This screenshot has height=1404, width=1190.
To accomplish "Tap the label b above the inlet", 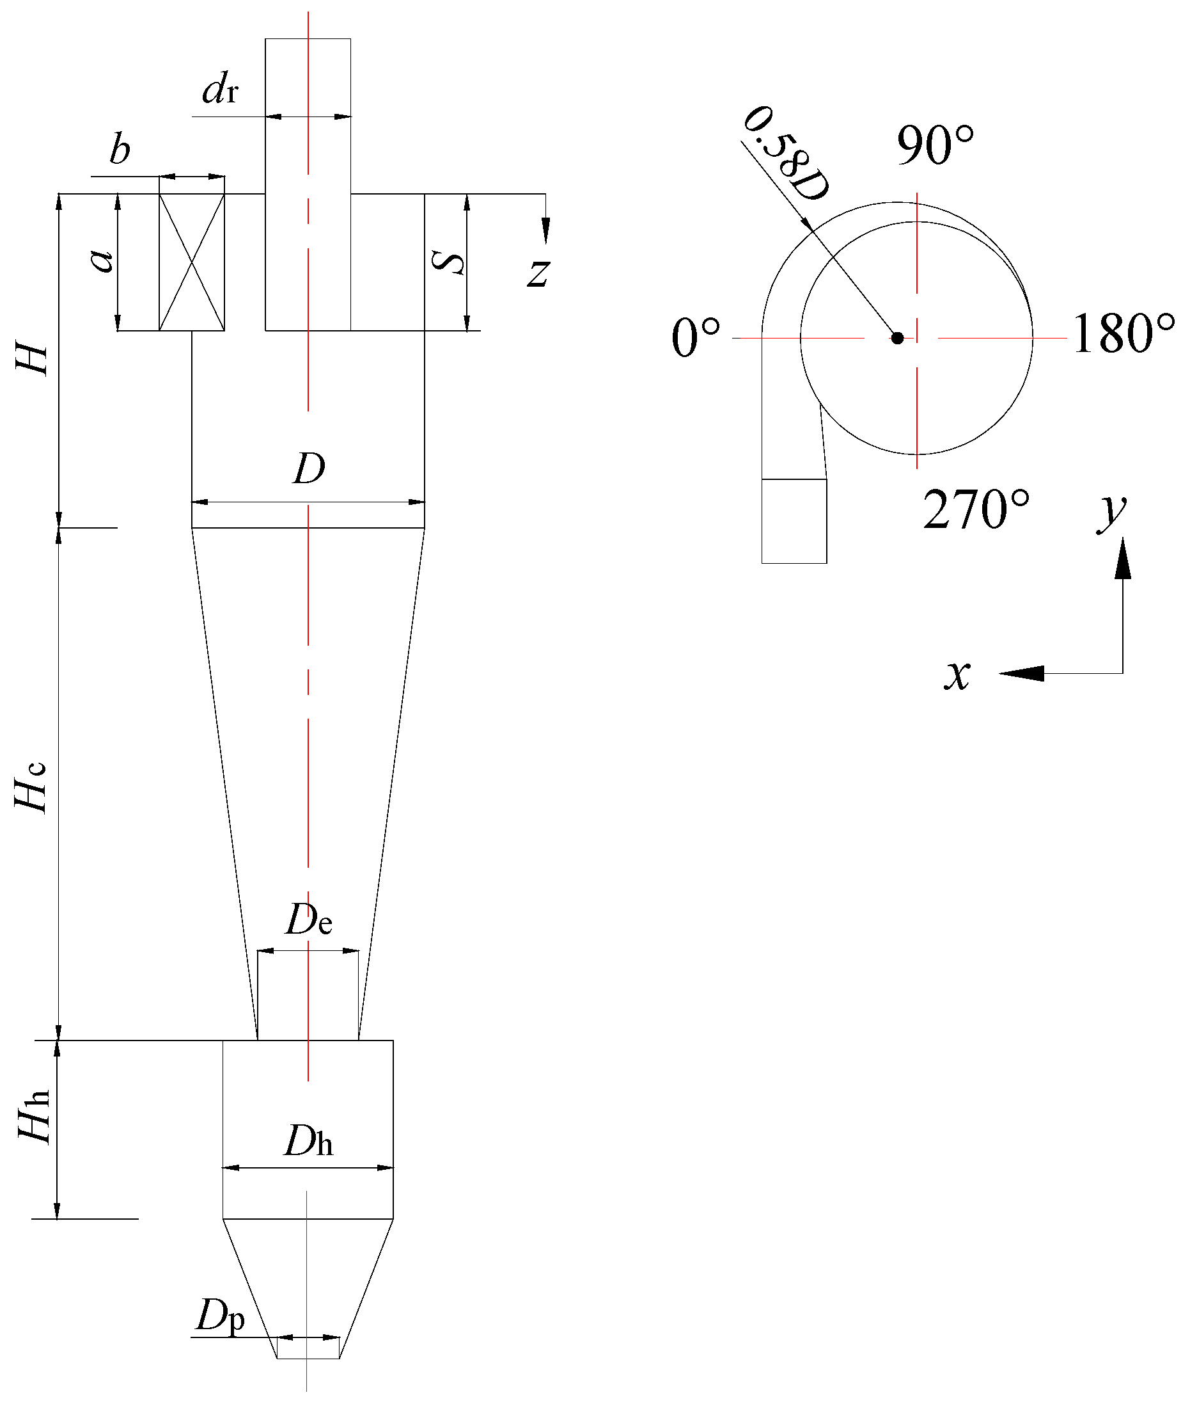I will click(x=120, y=150).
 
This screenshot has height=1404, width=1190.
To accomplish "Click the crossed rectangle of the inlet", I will click(x=192, y=262).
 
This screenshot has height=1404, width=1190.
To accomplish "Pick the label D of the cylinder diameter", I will click(x=309, y=469).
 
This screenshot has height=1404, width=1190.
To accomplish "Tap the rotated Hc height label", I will click(x=33, y=787).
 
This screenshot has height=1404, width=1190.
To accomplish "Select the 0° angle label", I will click(x=696, y=338).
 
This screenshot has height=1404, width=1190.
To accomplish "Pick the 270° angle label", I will click(x=976, y=510).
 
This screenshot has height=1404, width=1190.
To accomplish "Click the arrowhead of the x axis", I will click(x=1020, y=673).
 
